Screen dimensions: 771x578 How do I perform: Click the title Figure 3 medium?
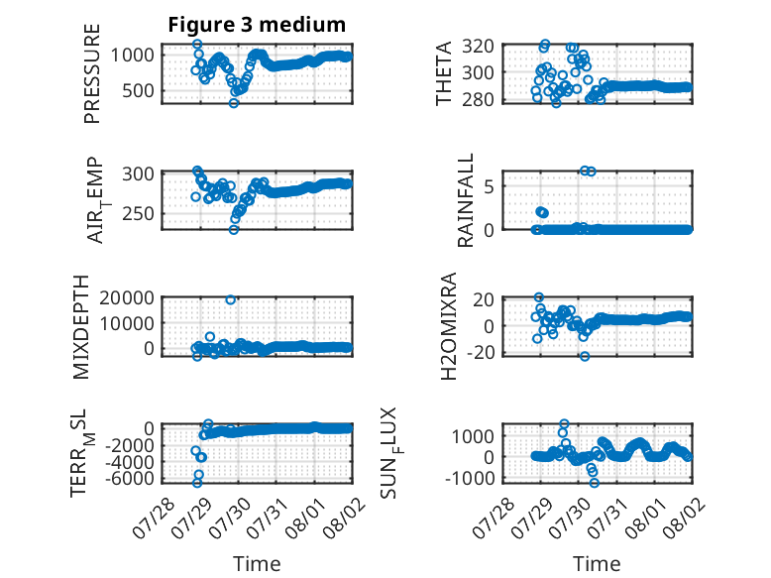[257, 25]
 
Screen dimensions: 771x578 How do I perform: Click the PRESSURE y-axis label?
[92, 73]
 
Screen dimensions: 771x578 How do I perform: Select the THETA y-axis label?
[444, 73]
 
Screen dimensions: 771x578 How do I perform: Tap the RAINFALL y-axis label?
[465, 200]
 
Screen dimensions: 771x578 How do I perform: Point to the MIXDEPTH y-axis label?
[81, 327]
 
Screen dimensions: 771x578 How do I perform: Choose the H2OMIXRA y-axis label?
[449, 326]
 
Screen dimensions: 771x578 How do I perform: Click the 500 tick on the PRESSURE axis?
[138, 90]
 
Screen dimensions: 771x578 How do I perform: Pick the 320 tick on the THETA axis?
[478, 47]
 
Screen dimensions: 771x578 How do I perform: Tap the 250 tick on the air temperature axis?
[138, 213]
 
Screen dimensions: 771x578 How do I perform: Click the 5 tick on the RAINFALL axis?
[489, 186]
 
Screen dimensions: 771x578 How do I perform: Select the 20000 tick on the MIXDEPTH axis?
[127, 297]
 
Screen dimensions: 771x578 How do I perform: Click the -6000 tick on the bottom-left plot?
[130, 478]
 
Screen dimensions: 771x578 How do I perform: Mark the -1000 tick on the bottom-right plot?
[470, 478]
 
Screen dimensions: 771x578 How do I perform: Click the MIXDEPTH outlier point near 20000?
[230, 299]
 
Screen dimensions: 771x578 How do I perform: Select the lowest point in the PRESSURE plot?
[234, 103]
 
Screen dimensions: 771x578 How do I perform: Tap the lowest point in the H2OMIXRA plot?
[584, 356]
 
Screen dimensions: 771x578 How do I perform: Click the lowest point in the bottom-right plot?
[594, 483]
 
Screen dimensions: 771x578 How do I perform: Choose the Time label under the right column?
[597, 563]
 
